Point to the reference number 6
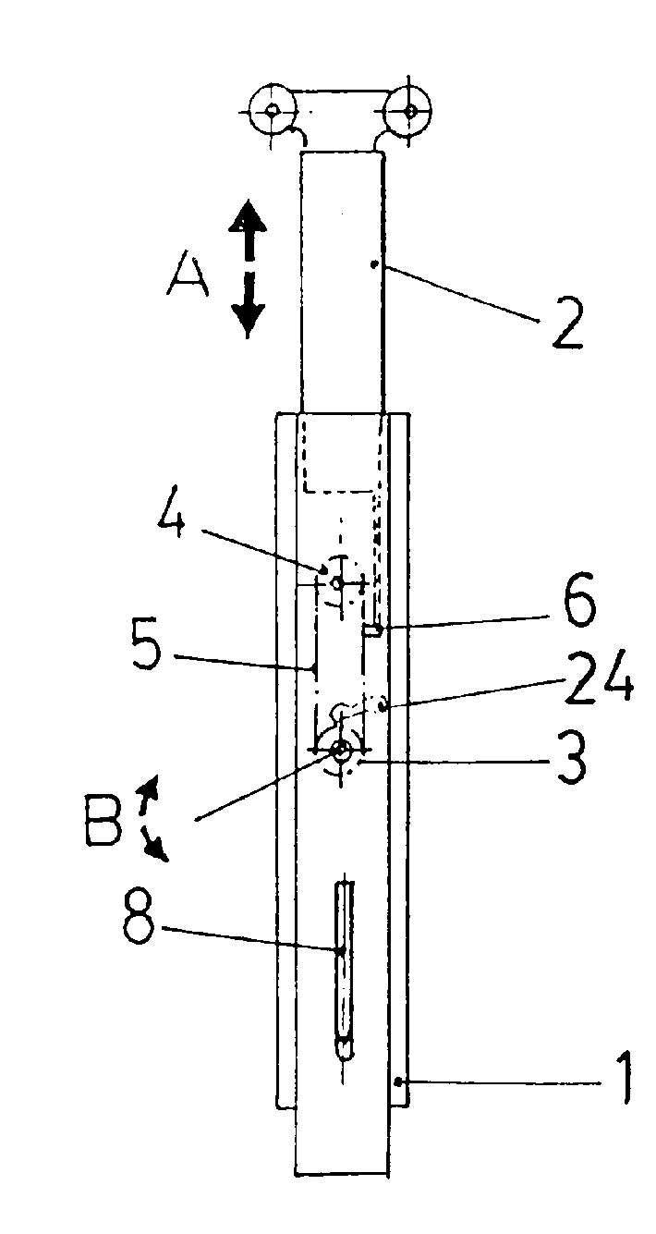(x=579, y=601)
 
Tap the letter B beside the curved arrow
(x=104, y=822)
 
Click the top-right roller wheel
(x=409, y=111)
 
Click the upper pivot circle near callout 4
(x=336, y=582)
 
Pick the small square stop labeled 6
(x=373, y=630)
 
